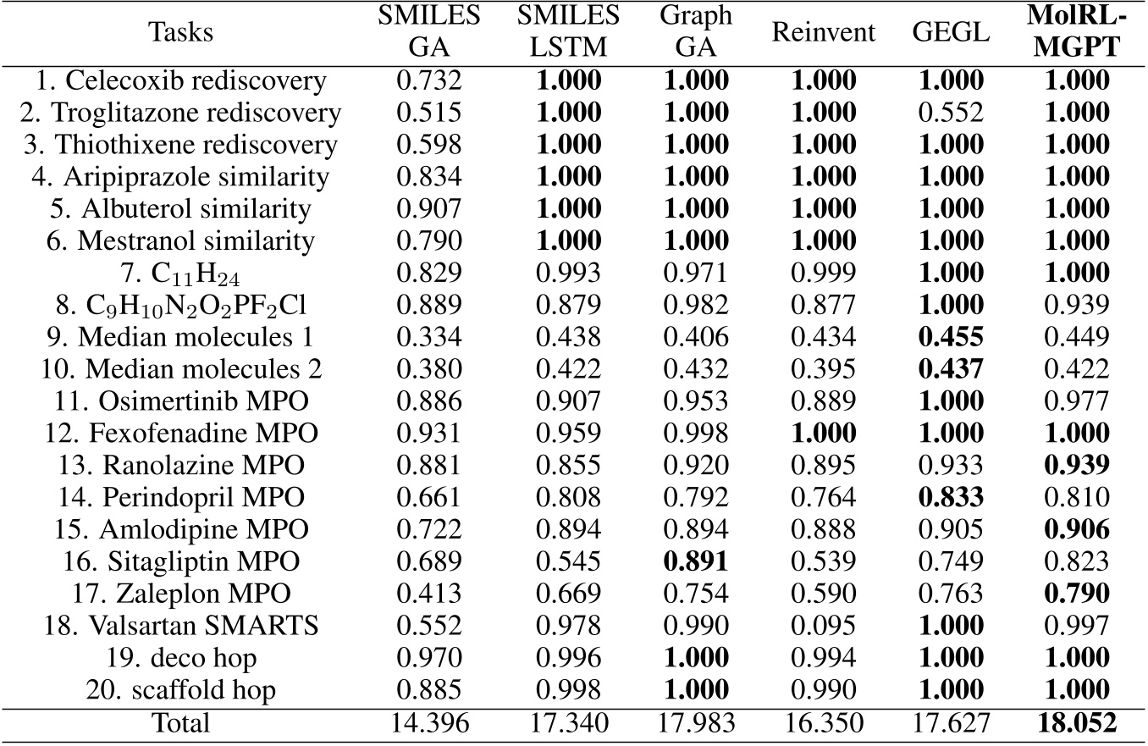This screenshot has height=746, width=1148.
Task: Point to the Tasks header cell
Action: click(x=180, y=33)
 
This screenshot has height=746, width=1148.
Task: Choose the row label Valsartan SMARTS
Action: click(x=180, y=627)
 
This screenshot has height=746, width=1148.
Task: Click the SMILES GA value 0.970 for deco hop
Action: click(x=429, y=660)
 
